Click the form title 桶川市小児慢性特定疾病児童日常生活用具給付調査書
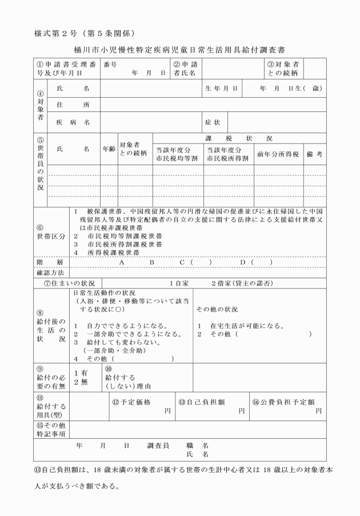coord(180,50)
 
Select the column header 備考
coord(315,154)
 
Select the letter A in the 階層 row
coord(122,262)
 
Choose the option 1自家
coord(178,283)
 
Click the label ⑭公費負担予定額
coord(284,402)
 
